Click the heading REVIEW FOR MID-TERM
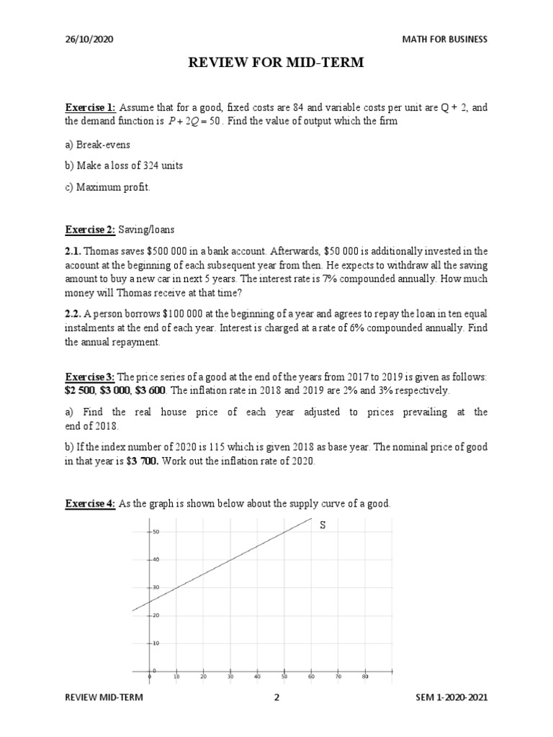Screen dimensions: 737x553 pos(276,64)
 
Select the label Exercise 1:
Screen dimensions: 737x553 pos(91,108)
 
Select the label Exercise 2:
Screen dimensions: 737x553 pos(91,230)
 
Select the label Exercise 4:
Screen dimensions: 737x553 pos(91,504)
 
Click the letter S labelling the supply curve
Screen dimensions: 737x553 pos(323,525)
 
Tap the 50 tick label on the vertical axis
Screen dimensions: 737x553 pos(156,531)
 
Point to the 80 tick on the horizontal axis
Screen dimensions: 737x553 pos(365,677)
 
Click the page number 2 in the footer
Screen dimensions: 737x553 pos(276,697)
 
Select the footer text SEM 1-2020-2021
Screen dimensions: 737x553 pos(451,697)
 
